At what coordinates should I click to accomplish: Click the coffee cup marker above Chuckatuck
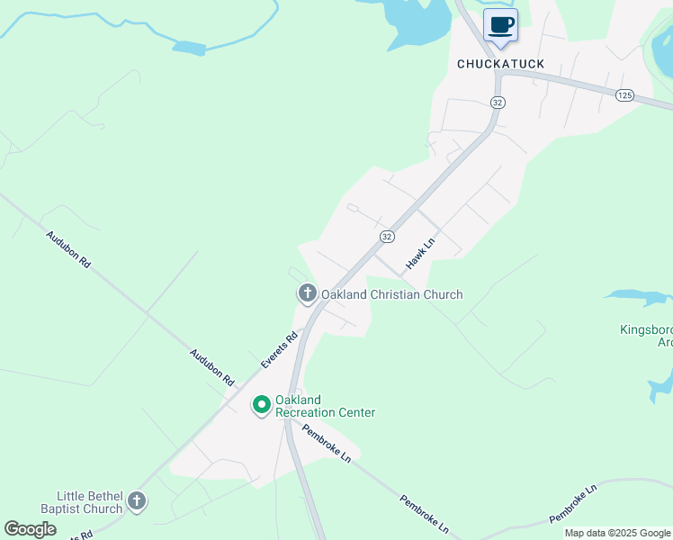(500, 25)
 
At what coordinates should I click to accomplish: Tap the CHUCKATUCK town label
(500, 64)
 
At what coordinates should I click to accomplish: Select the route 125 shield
(624, 94)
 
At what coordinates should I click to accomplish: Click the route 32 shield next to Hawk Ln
(387, 236)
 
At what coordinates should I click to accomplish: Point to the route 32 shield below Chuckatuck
(498, 103)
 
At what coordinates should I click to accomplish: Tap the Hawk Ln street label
(420, 253)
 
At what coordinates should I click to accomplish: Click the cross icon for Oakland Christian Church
(307, 293)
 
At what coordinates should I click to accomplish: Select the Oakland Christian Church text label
(392, 294)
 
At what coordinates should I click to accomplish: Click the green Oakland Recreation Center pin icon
(261, 406)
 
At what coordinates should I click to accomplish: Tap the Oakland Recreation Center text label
(325, 406)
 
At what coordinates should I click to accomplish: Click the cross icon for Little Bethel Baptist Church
(136, 500)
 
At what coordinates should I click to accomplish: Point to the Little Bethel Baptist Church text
(89, 502)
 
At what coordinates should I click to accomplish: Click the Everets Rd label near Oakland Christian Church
(279, 350)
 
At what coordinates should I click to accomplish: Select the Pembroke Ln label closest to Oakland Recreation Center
(327, 442)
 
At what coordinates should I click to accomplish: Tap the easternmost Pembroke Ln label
(573, 504)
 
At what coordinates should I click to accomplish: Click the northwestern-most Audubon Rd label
(68, 249)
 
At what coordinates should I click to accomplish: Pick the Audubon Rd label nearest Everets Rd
(211, 367)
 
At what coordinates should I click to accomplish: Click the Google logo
(30, 529)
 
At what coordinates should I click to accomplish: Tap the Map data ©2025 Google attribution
(617, 533)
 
